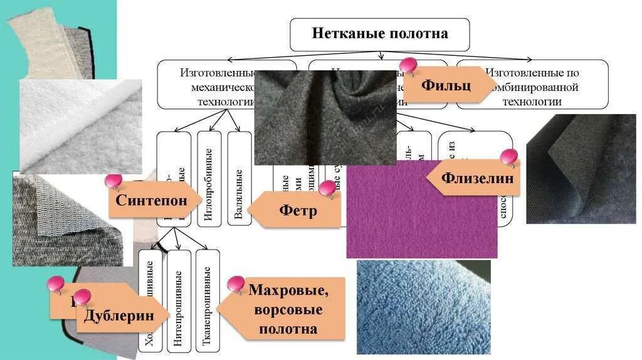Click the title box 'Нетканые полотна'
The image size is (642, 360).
coord(379,34)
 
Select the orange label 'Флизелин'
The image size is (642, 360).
coord(476,178)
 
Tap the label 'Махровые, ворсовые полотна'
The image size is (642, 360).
coord(288,309)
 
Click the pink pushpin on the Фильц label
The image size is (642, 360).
coord(408,65)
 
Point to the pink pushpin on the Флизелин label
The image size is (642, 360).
coord(509,157)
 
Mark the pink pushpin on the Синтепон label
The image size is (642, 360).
coord(113,183)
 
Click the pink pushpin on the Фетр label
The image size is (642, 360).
coord(327,188)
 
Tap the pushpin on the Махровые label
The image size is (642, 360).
coord(236,284)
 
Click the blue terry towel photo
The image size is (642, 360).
coord(423,307)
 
